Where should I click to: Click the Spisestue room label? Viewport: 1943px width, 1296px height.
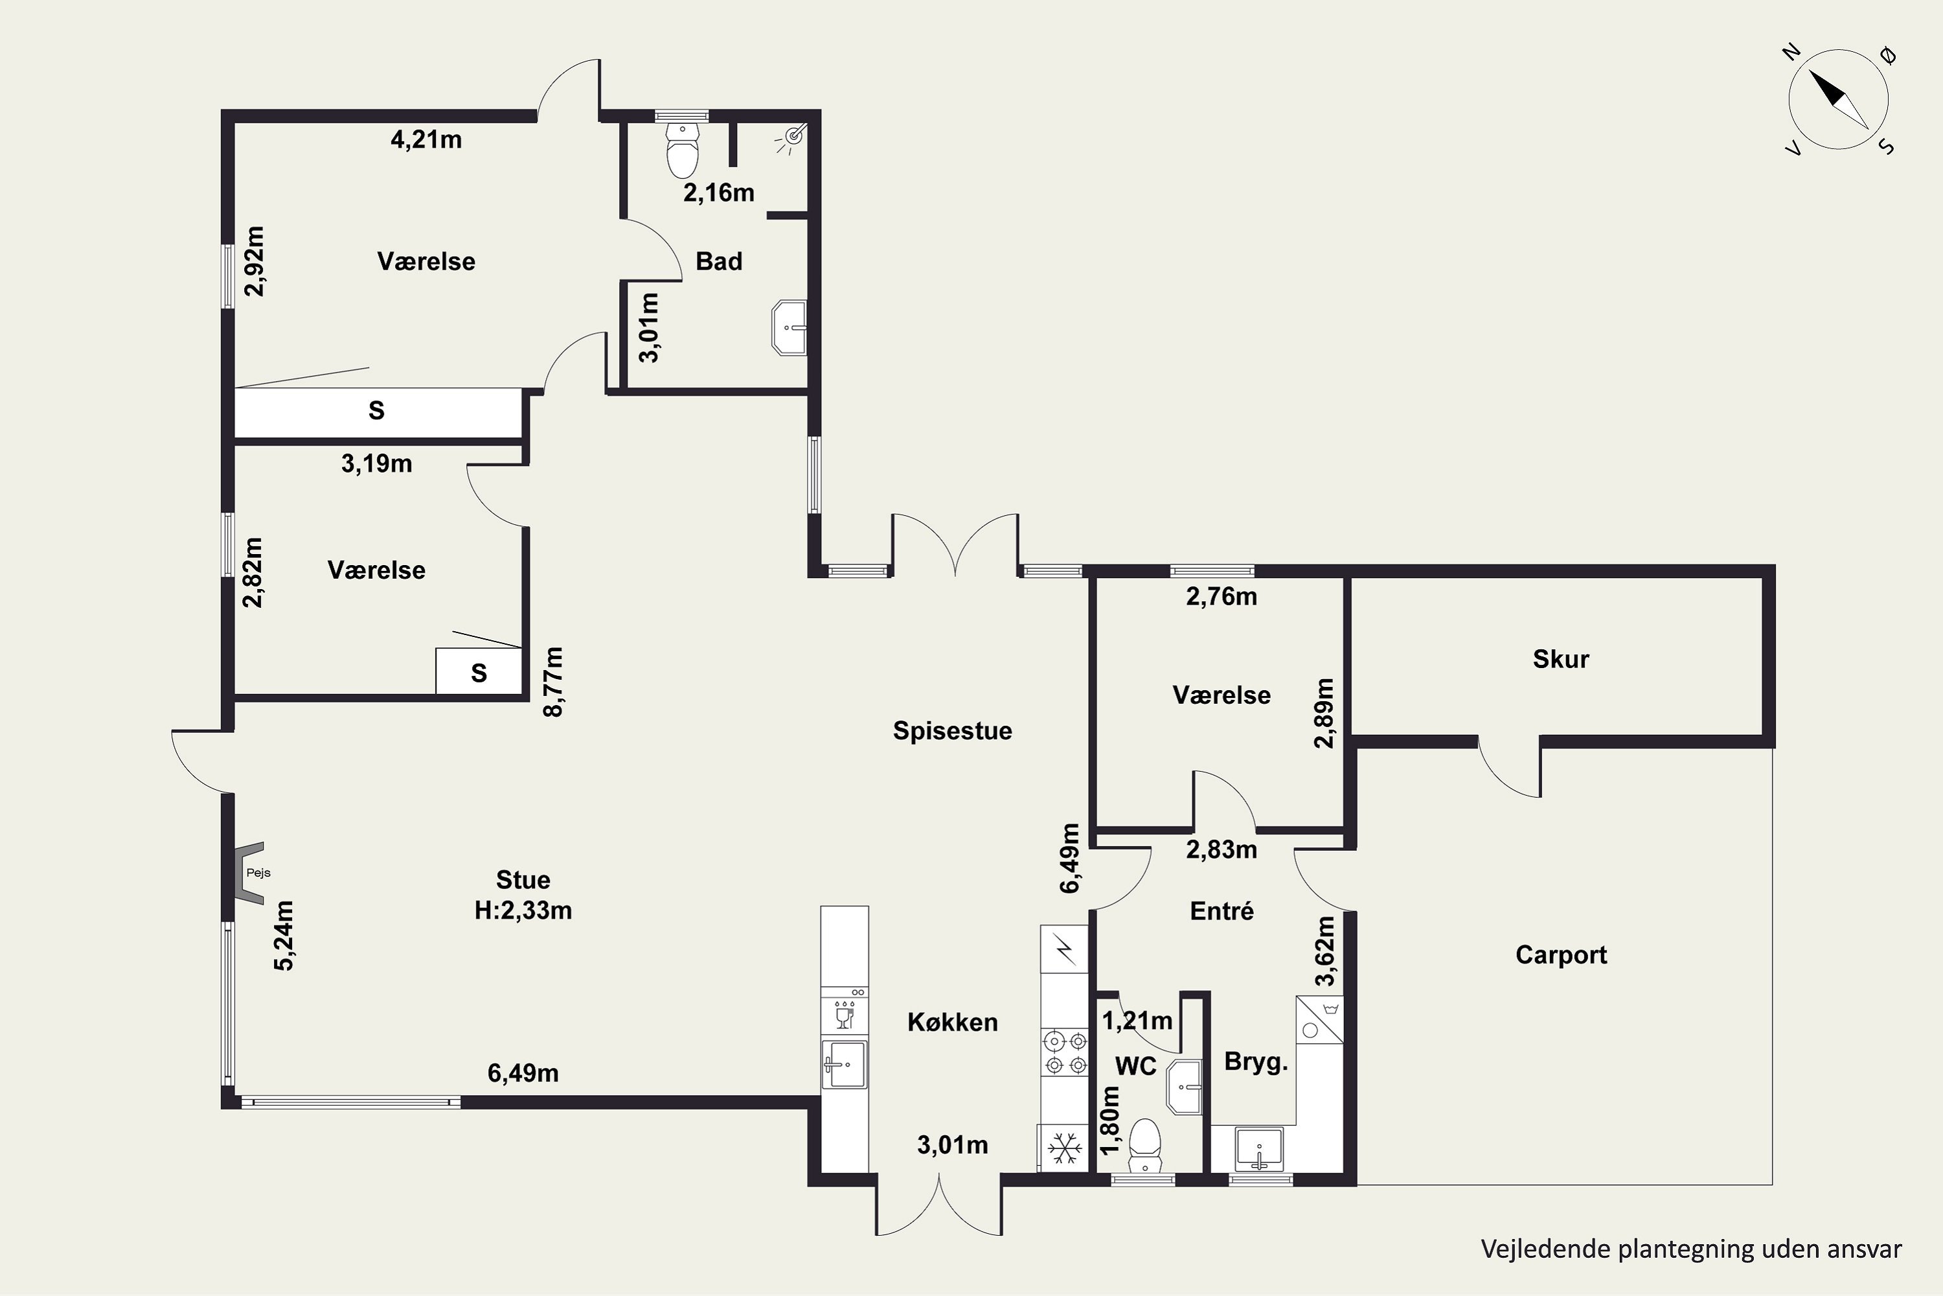click(953, 732)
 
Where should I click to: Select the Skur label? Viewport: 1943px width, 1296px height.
click(1560, 660)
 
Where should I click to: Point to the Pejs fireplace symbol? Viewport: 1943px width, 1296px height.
click(249, 873)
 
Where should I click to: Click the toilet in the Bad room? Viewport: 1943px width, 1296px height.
click(683, 150)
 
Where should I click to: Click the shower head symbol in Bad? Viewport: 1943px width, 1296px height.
click(793, 136)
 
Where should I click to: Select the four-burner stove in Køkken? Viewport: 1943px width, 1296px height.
click(1064, 1053)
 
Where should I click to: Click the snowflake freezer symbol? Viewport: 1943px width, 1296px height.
click(1065, 1148)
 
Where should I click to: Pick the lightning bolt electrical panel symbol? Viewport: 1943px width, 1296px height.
click(1065, 951)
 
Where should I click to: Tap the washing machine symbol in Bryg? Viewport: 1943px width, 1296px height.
click(1319, 1019)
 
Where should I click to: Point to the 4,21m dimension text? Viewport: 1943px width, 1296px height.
click(426, 140)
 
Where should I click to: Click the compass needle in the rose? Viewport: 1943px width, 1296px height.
click(1839, 100)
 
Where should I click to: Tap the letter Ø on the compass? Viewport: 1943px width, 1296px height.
click(1889, 54)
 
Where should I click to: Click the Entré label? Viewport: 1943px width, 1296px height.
click(1221, 911)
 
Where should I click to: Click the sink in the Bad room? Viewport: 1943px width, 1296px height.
click(789, 328)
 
